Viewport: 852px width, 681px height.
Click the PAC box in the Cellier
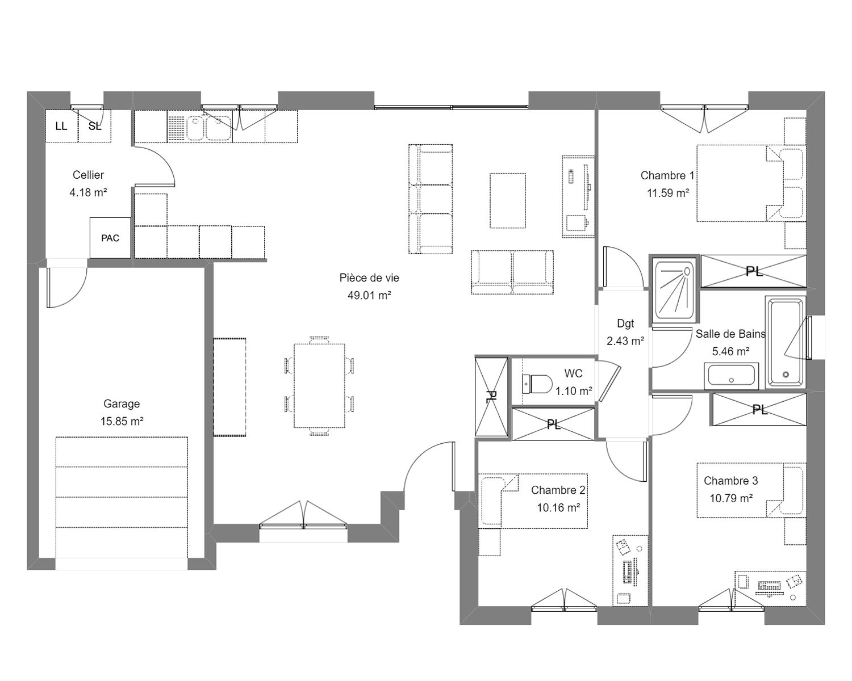click(x=110, y=238)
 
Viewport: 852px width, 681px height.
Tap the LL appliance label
click(x=61, y=126)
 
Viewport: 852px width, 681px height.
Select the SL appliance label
click(x=95, y=126)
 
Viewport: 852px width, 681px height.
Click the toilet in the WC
click(x=537, y=384)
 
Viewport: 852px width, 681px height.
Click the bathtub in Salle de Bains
click(x=786, y=342)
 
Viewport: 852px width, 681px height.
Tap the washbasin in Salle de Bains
click(x=731, y=376)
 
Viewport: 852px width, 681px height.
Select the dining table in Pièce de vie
click(x=319, y=386)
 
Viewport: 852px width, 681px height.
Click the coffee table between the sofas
click(x=508, y=201)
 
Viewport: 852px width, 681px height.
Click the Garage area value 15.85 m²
click(x=122, y=422)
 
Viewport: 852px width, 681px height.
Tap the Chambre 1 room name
click(x=667, y=175)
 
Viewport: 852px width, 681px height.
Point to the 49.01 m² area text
click(x=369, y=295)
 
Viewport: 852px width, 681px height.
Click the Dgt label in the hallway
click(x=625, y=323)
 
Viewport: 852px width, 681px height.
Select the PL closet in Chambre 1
click(x=754, y=271)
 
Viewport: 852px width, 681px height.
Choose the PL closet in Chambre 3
click(x=759, y=410)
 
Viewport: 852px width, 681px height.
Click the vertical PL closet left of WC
click(x=491, y=397)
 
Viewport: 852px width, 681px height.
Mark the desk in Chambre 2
click(x=630, y=570)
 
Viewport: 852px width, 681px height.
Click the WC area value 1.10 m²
click(x=574, y=392)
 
